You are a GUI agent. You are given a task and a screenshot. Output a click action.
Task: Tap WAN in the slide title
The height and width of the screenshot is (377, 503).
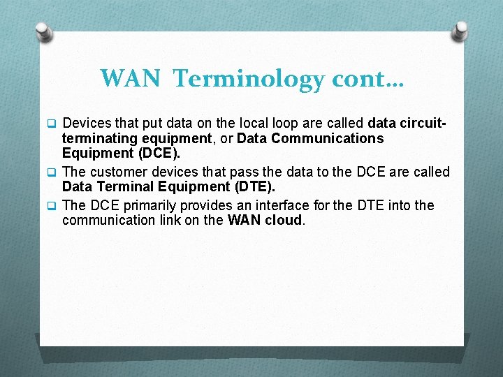[x=129, y=78]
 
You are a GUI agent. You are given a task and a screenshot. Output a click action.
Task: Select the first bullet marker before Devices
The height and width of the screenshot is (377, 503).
[x=50, y=124]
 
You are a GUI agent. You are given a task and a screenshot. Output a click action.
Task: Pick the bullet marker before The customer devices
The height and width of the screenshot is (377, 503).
[x=50, y=172]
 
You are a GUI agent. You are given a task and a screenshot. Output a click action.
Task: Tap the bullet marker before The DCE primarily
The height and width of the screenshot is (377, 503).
[x=50, y=206]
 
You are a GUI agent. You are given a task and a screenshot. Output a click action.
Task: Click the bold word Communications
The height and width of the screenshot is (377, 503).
[x=328, y=138]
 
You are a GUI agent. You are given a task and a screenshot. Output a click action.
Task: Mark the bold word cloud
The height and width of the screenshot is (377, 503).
[x=282, y=221]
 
